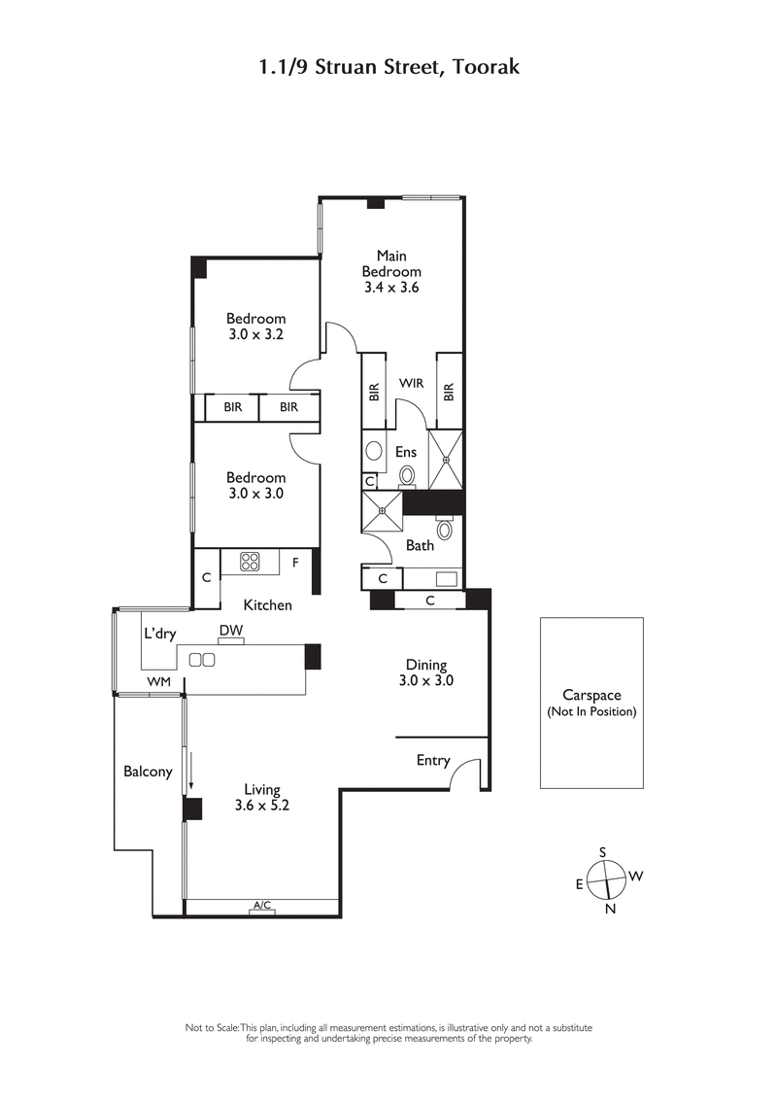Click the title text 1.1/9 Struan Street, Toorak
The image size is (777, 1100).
tap(388, 67)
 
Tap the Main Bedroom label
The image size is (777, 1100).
tap(391, 272)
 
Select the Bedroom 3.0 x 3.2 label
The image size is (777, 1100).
tap(256, 327)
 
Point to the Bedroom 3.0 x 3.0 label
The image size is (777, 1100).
tap(256, 485)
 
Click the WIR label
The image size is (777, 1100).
tap(411, 384)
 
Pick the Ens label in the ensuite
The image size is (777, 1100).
tap(406, 452)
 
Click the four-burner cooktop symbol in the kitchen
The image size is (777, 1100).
tap(251, 561)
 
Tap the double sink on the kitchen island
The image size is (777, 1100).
tap(202, 660)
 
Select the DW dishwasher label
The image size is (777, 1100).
tap(230, 631)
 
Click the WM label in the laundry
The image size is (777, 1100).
tap(158, 682)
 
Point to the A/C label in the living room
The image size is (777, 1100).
tap(261, 906)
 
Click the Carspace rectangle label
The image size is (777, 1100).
tap(591, 703)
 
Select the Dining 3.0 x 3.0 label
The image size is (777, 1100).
tap(426, 672)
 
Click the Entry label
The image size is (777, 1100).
tap(433, 760)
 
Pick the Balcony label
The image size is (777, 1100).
tap(148, 772)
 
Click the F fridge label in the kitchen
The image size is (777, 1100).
tap(295, 562)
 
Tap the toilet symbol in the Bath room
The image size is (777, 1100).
tap(445, 530)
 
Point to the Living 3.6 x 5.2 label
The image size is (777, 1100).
tap(262, 797)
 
